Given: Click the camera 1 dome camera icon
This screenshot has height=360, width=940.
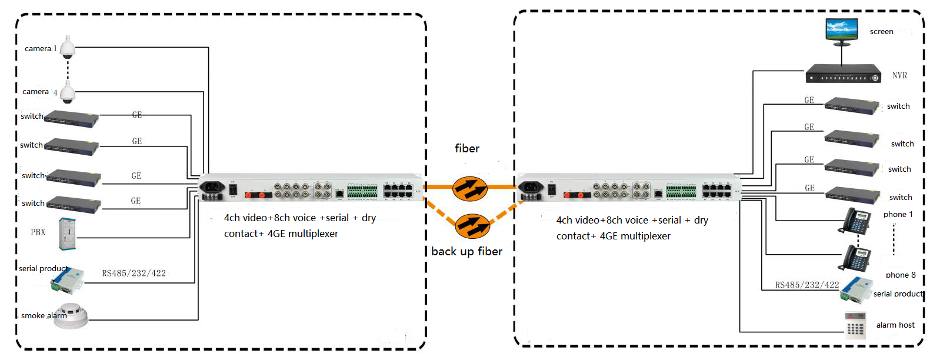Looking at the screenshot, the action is tap(67, 47).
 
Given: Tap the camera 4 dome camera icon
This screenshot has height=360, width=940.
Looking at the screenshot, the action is tap(67, 92).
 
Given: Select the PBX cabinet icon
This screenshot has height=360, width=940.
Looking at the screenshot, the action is tap(67, 234).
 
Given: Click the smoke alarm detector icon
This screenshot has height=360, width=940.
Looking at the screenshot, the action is tap(71, 316).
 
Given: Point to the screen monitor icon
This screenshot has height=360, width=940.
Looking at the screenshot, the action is tap(841, 32).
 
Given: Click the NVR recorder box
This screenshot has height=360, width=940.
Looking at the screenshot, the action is tap(843, 74).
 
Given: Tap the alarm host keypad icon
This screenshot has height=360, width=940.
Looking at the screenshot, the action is tap(855, 325).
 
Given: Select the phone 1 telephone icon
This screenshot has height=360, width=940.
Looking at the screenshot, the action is tap(854, 221).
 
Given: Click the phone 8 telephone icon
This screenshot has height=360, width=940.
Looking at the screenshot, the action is tap(854, 258).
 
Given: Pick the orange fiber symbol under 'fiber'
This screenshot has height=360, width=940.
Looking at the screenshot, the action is tap(470, 188).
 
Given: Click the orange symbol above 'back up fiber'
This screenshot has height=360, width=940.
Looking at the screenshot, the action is tap(472, 226).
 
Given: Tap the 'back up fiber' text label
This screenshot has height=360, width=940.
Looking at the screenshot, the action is tap(466, 251).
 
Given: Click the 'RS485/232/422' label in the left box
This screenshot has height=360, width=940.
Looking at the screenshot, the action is tap(134, 274).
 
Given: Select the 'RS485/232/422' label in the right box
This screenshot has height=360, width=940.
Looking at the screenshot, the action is tap(807, 285).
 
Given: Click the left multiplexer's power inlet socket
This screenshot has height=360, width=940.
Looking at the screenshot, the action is tap(212, 186).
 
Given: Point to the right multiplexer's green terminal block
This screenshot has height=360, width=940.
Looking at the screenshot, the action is tap(681, 191).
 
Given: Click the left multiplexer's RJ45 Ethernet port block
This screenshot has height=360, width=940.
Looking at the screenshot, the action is tap(398, 190).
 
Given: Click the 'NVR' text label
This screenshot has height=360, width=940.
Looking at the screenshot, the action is tap(900, 75).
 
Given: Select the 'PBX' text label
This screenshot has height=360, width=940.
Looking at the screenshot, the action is tap(38, 232).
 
